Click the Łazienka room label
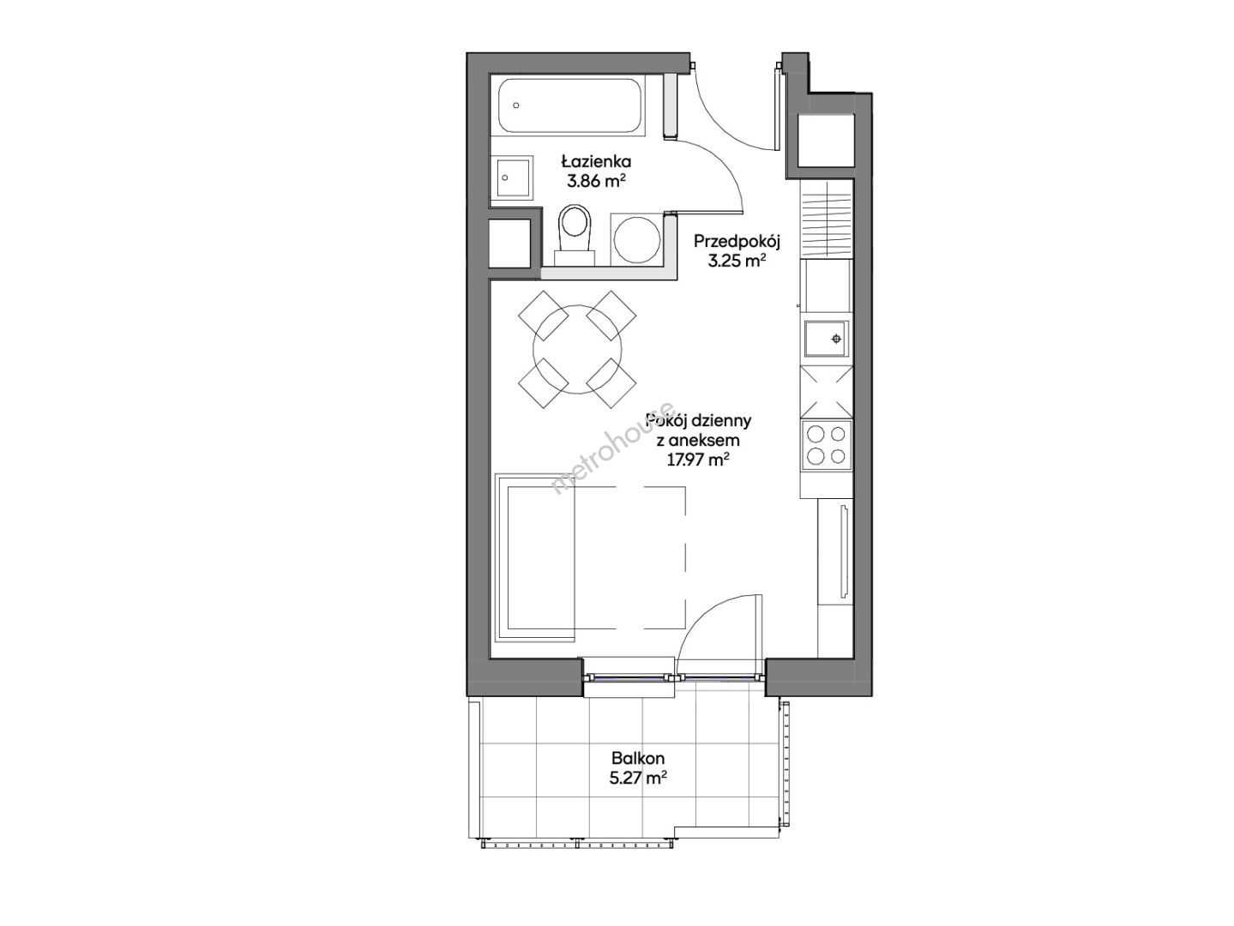tap(596, 162)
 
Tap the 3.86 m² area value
tap(597, 181)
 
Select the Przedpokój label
tap(737, 242)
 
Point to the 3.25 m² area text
tap(737, 262)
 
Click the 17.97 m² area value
tap(698, 460)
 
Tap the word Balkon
tap(637, 758)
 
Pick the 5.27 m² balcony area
tap(637, 779)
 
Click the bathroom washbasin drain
tap(505, 177)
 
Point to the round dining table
tap(577, 349)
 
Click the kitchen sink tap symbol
tap(837, 339)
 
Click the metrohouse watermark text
tap(613, 448)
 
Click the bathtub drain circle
tap(516, 105)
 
